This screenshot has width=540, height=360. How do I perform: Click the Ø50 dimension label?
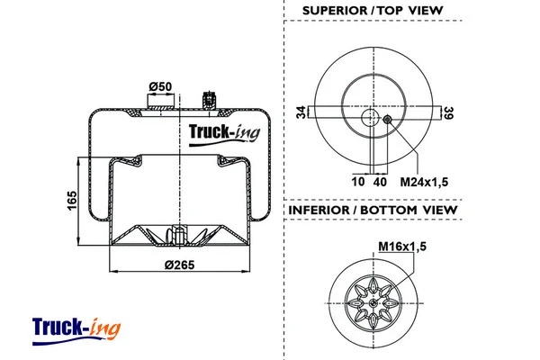pyautogui.click(x=160, y=85)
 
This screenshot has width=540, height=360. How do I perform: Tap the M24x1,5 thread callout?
pyautogui.click(x=424, y=181)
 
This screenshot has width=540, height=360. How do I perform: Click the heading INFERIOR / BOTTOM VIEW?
pyautogui.click(x=372, y=210)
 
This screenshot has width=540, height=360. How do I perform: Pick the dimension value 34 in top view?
pyautogui.click(x=301, y=112)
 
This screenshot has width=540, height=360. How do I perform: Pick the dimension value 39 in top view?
pyautogui.click(x=446, y=112)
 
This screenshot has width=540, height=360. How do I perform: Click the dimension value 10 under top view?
pyautogui.click(x=357, y=181)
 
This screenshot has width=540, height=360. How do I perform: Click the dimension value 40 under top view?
pyautogui.click(x=380, y=181)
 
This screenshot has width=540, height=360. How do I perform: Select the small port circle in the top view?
pyautogui.click(x=387, y=121)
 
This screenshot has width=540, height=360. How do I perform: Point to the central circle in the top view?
pyautogui.click(x=371, y=120)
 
